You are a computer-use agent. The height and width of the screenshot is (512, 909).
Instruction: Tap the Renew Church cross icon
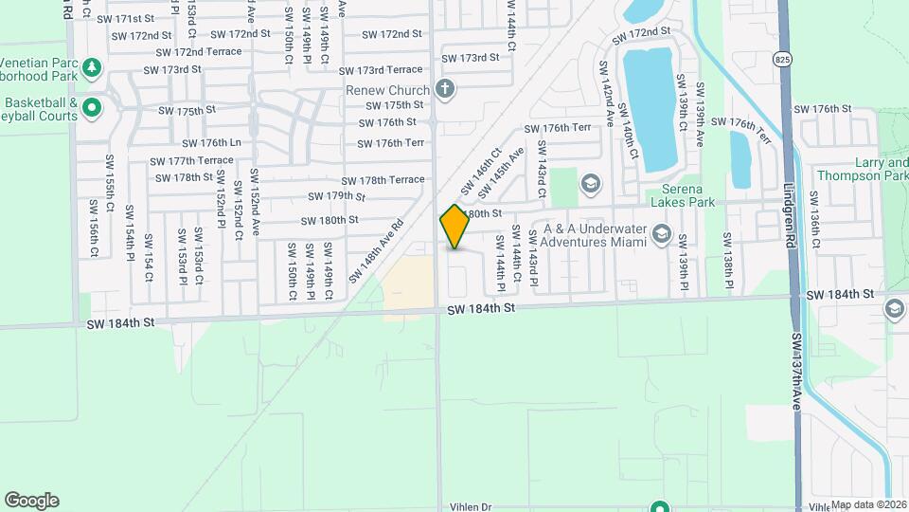coord(445,90)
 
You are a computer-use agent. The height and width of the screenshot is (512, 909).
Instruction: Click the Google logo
coord(31,500)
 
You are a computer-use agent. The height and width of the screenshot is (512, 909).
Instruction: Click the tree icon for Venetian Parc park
coord(92,67)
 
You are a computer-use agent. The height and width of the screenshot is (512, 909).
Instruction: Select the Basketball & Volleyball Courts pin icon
coord(92,107)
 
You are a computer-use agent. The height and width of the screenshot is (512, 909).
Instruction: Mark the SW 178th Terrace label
coord(391,180)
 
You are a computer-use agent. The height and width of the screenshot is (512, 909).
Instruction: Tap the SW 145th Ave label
coord(501,174)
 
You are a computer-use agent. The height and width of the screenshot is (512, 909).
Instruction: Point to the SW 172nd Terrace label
coord(199,52)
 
